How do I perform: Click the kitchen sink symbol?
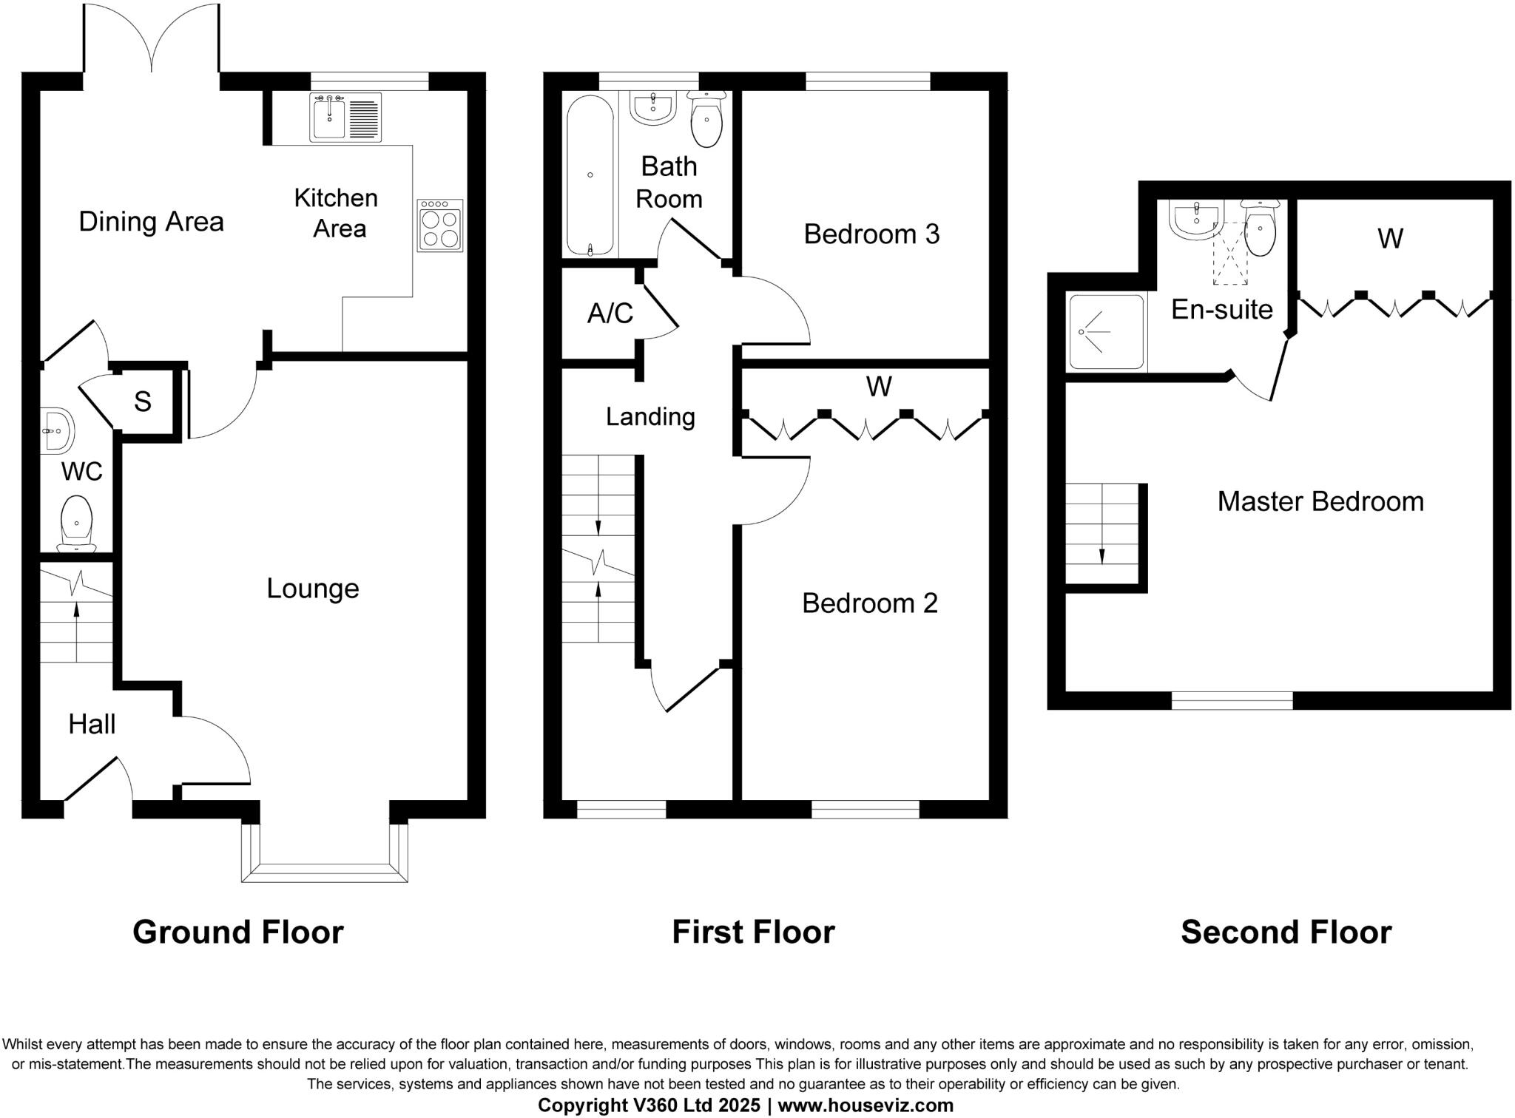346,118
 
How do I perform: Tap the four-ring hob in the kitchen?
439,226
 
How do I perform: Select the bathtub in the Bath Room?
590,175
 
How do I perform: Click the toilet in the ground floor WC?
76,523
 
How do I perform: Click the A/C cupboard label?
610,314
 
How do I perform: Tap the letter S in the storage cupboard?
143,402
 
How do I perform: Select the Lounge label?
312,589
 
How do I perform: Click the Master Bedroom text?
1320,501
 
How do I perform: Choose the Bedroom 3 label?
871,234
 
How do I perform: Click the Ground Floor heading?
237,932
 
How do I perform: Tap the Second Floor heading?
1286,932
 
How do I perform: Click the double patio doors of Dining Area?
152,41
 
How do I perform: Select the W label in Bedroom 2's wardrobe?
878,386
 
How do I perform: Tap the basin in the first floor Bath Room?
653,108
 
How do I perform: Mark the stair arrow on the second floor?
1101,555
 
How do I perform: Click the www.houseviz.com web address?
865,1105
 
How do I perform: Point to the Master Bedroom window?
1232,699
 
